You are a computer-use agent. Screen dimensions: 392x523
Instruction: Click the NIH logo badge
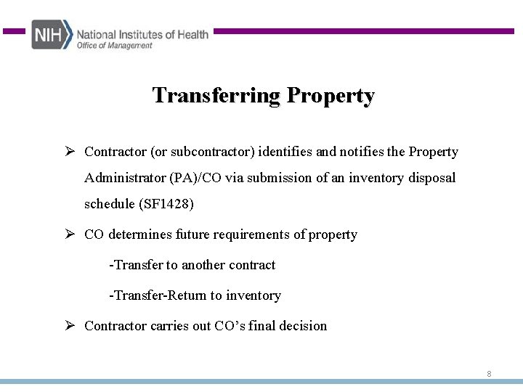click(x=52, y=34)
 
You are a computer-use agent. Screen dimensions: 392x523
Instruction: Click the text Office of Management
click(x=115, y=45)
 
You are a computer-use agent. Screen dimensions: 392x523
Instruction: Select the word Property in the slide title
click(x=331, y=95)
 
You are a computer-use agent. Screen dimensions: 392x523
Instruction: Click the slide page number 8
click(x=489, y=374)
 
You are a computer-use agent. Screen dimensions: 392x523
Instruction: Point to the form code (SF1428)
click(x=166, y=204)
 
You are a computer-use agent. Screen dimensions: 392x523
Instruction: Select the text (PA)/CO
click(x=195, y=178)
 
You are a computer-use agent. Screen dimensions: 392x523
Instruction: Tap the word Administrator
click(x=125, y=178)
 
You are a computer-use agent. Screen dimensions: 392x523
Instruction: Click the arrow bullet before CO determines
click(x=70, y=234)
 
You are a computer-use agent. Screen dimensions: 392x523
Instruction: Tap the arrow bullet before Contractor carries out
click(x=70, y=325)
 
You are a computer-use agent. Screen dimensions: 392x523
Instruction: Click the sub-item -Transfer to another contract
click(x=192, y=265)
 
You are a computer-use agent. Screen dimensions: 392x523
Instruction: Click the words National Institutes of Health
click(x=142, y=33)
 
